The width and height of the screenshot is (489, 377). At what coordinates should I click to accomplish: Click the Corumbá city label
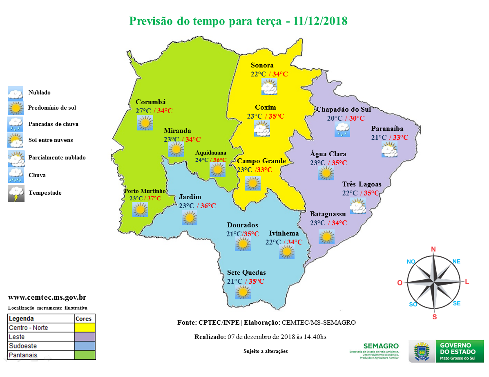[150, 102]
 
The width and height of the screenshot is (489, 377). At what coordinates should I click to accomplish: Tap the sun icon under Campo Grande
[252, 183]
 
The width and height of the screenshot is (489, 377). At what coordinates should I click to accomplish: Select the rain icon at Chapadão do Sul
[342, 129]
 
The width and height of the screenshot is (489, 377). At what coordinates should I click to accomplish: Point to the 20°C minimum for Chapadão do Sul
[335, 118]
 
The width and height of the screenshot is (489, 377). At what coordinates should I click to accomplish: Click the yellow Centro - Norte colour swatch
[85, 328]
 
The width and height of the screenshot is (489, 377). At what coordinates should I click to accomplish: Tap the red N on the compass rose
[434, 249]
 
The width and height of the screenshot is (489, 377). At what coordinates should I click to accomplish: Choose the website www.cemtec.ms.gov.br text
[47, 298]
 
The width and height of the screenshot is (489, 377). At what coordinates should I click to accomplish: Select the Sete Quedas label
[246, 273]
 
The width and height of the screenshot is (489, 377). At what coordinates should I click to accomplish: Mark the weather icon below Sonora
[269, 86]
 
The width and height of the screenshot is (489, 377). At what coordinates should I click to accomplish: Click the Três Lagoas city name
[362, 184]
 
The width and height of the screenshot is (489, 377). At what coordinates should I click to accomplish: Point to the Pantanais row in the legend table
[41, 355]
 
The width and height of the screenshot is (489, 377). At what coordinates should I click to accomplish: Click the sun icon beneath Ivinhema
[286, 251]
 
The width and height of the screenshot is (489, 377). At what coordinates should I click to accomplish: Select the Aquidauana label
[210, 153]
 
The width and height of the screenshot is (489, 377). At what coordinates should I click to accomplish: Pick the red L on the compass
[467, 282]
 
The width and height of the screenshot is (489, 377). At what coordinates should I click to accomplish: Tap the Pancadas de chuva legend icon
[16, 123]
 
